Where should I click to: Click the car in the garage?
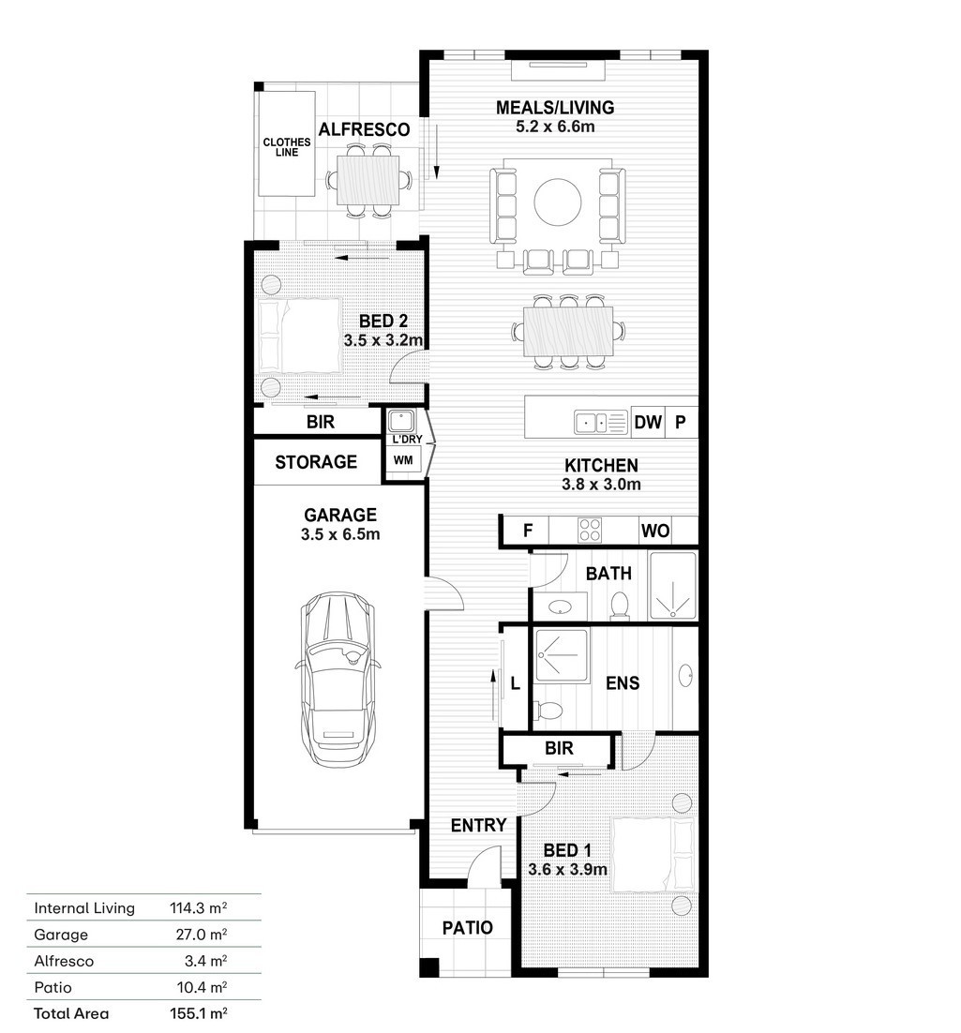pyautogui.click(x=338, y=679)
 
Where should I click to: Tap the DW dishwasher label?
pyautogui.click(x=647, y=422)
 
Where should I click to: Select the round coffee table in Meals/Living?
pyautogui.click(x=558, y=202)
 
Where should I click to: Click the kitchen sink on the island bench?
pyautogui.click(x=600, y=422)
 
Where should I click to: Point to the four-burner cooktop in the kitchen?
pyautogui.click(x=589, y=531)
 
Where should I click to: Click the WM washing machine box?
pyautogui.click(x=403, y=460)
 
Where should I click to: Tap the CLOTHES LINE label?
pyautogui.click(x=287, y=147)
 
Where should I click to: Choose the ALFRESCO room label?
pyautogui.click(x=364, y=129)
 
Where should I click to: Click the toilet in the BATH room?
pyautogui.click(x=620, y=606)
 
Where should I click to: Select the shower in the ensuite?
pyautogui.click(x=562, y=656)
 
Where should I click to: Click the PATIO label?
pyautogui.click(x=467, y=928)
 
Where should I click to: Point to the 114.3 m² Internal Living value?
pyautogui.click(x=199, y=907)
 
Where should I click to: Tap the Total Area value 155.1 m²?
pyautogui.click(x=199, y=1013)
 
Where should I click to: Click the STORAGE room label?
pyautogui.click(x=316, y=462)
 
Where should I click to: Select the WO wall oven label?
pyautogui.click(x=654, y=531)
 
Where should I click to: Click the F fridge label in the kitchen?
pyautogui.click(x=527, y=531)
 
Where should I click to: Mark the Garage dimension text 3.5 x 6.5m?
pyautogui.click(x=340, y=534)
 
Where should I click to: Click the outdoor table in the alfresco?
pyautogui.click(x=368, y=180)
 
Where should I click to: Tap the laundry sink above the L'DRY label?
pyautogui.click(x=401, y=421)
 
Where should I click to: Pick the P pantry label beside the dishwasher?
pyautogui.click(x=681, y=422)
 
